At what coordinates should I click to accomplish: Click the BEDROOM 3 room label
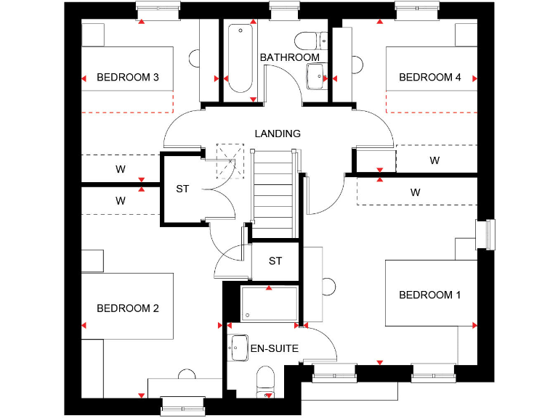point(127,78)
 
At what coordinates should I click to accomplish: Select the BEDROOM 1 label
point(430,295)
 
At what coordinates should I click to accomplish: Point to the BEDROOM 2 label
point(127,308)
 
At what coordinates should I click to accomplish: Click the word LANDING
point(277,134)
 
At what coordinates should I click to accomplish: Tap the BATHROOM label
point(289,57)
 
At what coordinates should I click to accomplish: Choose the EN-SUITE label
point(274,349)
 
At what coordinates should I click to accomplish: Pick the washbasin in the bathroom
point(316,75)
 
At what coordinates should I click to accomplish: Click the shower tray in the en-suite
point(269,303)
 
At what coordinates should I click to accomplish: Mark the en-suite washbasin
point(239,346)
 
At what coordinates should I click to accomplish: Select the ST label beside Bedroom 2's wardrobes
point(182,189)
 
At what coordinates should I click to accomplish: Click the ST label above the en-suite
point(275,261)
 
